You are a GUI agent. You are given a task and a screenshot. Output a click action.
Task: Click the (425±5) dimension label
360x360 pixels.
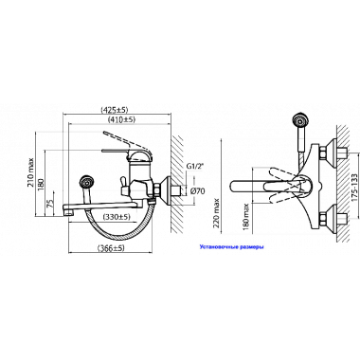coord(115,110)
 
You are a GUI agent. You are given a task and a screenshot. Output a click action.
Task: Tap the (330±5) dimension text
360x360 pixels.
coord(117,217)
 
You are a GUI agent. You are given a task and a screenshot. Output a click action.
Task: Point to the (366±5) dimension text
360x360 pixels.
coord(111,248)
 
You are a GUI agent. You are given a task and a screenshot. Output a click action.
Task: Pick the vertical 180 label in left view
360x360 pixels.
coord(42,184)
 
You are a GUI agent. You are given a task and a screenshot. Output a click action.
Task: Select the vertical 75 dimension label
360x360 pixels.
coord(50,203)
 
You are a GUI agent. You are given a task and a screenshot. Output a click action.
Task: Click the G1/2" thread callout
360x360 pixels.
coord(194,166)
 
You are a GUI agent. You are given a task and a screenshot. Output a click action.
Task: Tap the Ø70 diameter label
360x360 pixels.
coord(198,190)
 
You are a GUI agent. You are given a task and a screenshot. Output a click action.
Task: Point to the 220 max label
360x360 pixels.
coord(217,213)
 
